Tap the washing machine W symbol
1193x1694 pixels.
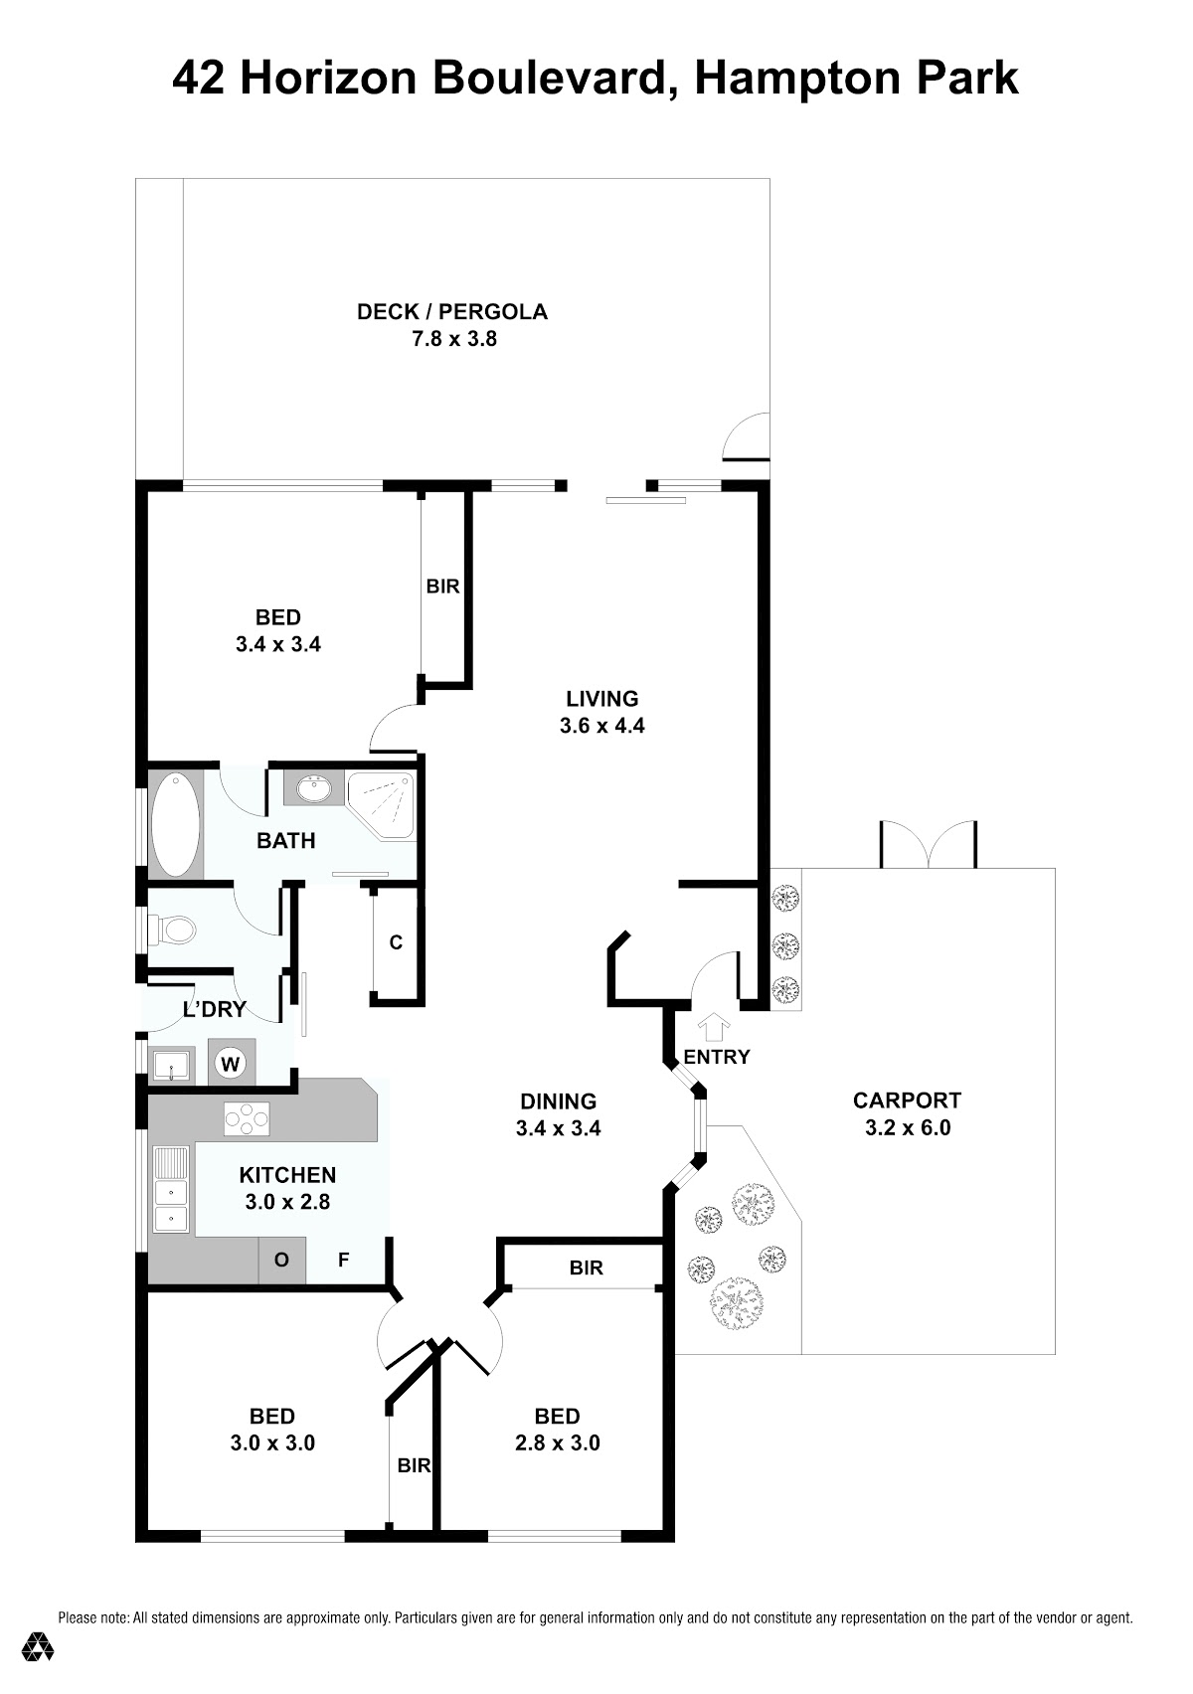pos(230,1064)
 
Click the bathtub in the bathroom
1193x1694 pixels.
pos(176,824)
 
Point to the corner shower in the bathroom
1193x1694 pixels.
pos(381,804)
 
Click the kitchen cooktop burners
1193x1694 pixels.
pos(247,1118)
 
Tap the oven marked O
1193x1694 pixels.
pos(281,1260)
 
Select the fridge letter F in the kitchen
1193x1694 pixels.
pos(343,1260)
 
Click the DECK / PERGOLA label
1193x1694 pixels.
pos(451,311)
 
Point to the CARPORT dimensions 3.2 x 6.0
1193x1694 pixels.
pos(908,1127)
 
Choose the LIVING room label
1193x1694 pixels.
pos(602,698)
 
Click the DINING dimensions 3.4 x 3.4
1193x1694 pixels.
pos(559,1128)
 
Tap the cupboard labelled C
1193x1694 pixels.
pos(396,943)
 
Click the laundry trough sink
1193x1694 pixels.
pos(173,1066)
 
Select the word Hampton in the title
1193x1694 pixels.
pos(796,80)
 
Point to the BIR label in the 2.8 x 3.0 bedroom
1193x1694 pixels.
pos(586,1269)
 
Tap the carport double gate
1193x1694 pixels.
pos(929,845)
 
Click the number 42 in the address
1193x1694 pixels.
pos(199,80)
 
